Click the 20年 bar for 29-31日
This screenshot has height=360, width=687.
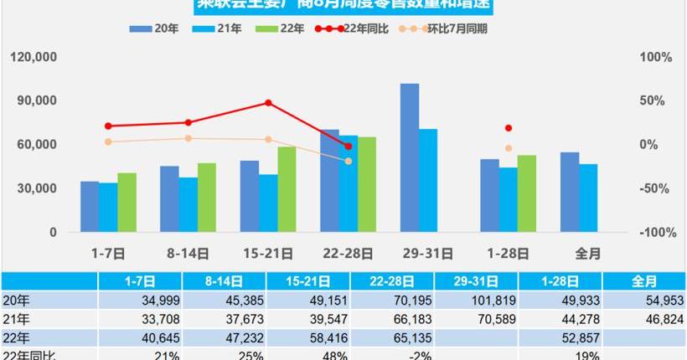click(x=410, y=157)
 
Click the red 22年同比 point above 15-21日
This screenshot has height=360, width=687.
click(x=268, y=103)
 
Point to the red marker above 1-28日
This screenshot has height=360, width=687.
click(x=508, y=128)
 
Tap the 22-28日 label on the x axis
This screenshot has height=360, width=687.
click(x=348, y=252)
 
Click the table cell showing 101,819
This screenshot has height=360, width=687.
click(x=485, y=301)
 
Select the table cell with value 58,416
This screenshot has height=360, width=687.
click(x=318, y=337)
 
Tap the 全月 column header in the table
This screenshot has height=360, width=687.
click(x=644, y=281)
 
